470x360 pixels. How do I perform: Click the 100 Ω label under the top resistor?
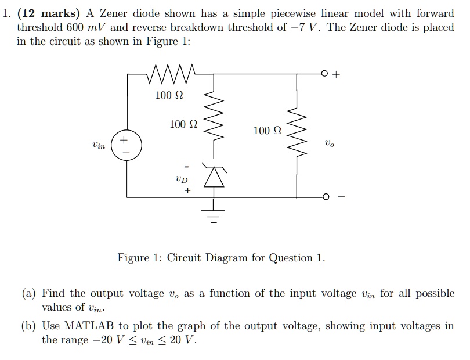(169, 95)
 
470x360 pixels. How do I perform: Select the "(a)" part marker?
(29, 294)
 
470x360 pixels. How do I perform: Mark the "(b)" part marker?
(29, 326)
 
